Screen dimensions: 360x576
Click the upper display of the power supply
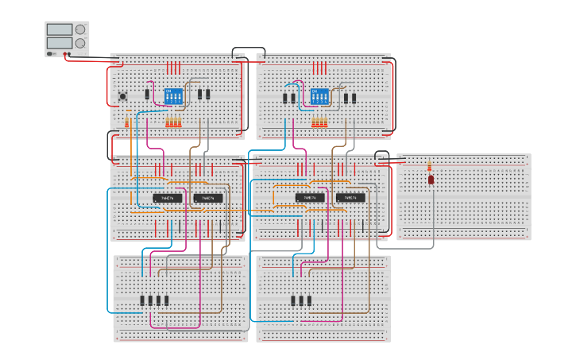[60, 29]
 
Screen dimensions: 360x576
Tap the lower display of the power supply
[60, 42]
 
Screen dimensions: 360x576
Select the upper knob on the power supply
[80, 29]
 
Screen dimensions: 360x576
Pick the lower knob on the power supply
[80, 43]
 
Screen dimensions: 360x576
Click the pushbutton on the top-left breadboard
[123, 97]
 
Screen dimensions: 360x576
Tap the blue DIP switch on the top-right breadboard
[319, 95]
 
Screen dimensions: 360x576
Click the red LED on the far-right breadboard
[431, 180]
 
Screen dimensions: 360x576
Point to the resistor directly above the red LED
[431, 166]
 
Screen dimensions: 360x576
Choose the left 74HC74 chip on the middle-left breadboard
[168, 197]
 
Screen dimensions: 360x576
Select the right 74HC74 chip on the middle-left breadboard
[209, 197]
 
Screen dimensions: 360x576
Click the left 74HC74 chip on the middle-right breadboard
[310, 197]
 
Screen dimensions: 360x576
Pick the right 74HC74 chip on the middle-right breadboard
[350, 197]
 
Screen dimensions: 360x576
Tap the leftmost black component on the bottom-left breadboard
[143, 300]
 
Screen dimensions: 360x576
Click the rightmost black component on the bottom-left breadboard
[167, 300]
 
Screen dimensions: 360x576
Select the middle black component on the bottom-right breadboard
[300, 300]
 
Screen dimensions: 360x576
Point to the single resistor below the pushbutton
[127, 122]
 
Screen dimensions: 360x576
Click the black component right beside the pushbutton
[147, 95]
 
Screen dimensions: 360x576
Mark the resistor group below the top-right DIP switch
[319, 122]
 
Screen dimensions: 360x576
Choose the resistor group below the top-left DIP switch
[173, 122]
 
